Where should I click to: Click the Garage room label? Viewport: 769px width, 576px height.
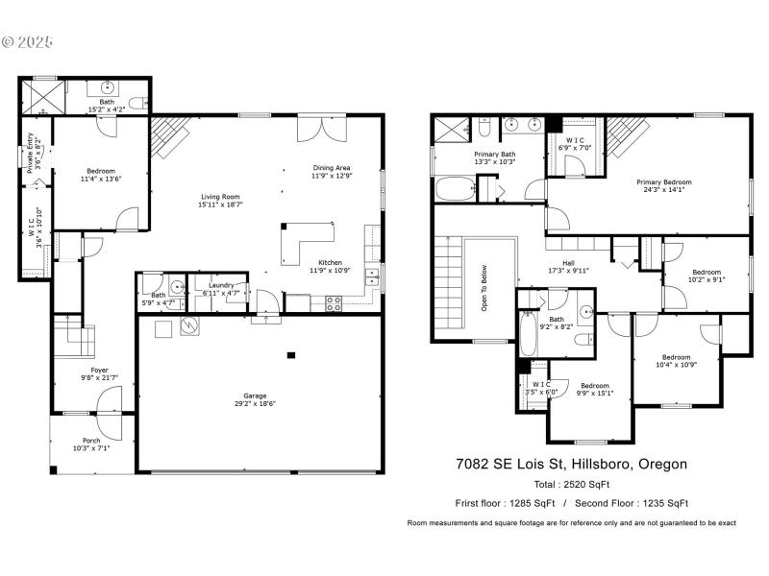pos(255,396)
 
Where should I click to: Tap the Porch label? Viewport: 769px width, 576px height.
pos(90,441)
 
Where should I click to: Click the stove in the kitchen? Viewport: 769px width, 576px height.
pos(335,302)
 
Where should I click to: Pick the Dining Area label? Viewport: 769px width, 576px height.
pos(332,167)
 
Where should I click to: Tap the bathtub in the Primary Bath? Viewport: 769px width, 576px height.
pos(454,187)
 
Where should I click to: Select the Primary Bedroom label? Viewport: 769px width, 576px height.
pos(663,181)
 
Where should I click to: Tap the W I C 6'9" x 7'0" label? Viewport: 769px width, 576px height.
pos(577,141)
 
